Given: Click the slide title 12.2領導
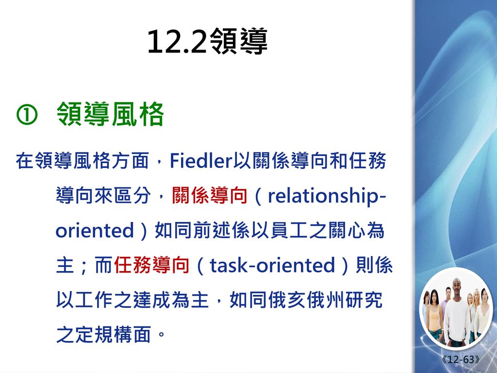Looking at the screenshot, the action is click(208, 42).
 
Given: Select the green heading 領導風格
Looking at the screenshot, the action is click(110, 114).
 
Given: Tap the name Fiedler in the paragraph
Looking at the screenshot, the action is click(201, 160).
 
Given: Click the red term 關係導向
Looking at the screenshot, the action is click(210, 195).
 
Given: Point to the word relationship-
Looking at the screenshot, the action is click(327, 196).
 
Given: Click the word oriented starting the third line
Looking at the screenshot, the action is click(95, 230).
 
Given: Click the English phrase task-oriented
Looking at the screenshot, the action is click(272, 265).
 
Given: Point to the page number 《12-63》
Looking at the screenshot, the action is click(461, 359).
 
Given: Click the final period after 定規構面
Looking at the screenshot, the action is click(161, 334).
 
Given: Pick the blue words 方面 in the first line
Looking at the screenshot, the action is click(130, 160).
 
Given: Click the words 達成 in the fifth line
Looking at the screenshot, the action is click(151, 299).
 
